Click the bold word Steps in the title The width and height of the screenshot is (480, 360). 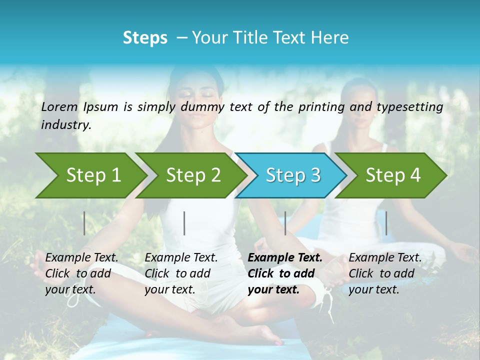pyautogui.click(x=145, y=38)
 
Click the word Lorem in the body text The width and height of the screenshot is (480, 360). pyautogui.click(x=59, y=107)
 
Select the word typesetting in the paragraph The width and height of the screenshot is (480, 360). pyautogui.click(x=409, y=107)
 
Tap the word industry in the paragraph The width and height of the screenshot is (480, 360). pyautogui.click(x=65, y=125)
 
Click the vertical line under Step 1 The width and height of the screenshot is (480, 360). pyautogui.click(x=84, y=223)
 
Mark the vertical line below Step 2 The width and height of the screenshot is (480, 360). pyautogui.click(x=184, y=223)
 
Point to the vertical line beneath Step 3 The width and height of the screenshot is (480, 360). pyautogui.click(x=285, y=223)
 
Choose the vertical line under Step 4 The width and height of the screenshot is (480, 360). pyautogui.click(x=386, y=223)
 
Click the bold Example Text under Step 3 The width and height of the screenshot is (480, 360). pyautogui.click(x=285, y=258)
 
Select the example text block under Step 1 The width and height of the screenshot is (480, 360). pyautogui.click(x=81, y=273)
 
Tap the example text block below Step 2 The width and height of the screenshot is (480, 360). pyautogui.click(x=181, y=273)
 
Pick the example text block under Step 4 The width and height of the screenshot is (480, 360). pyautogui.click(x=385, y=273)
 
